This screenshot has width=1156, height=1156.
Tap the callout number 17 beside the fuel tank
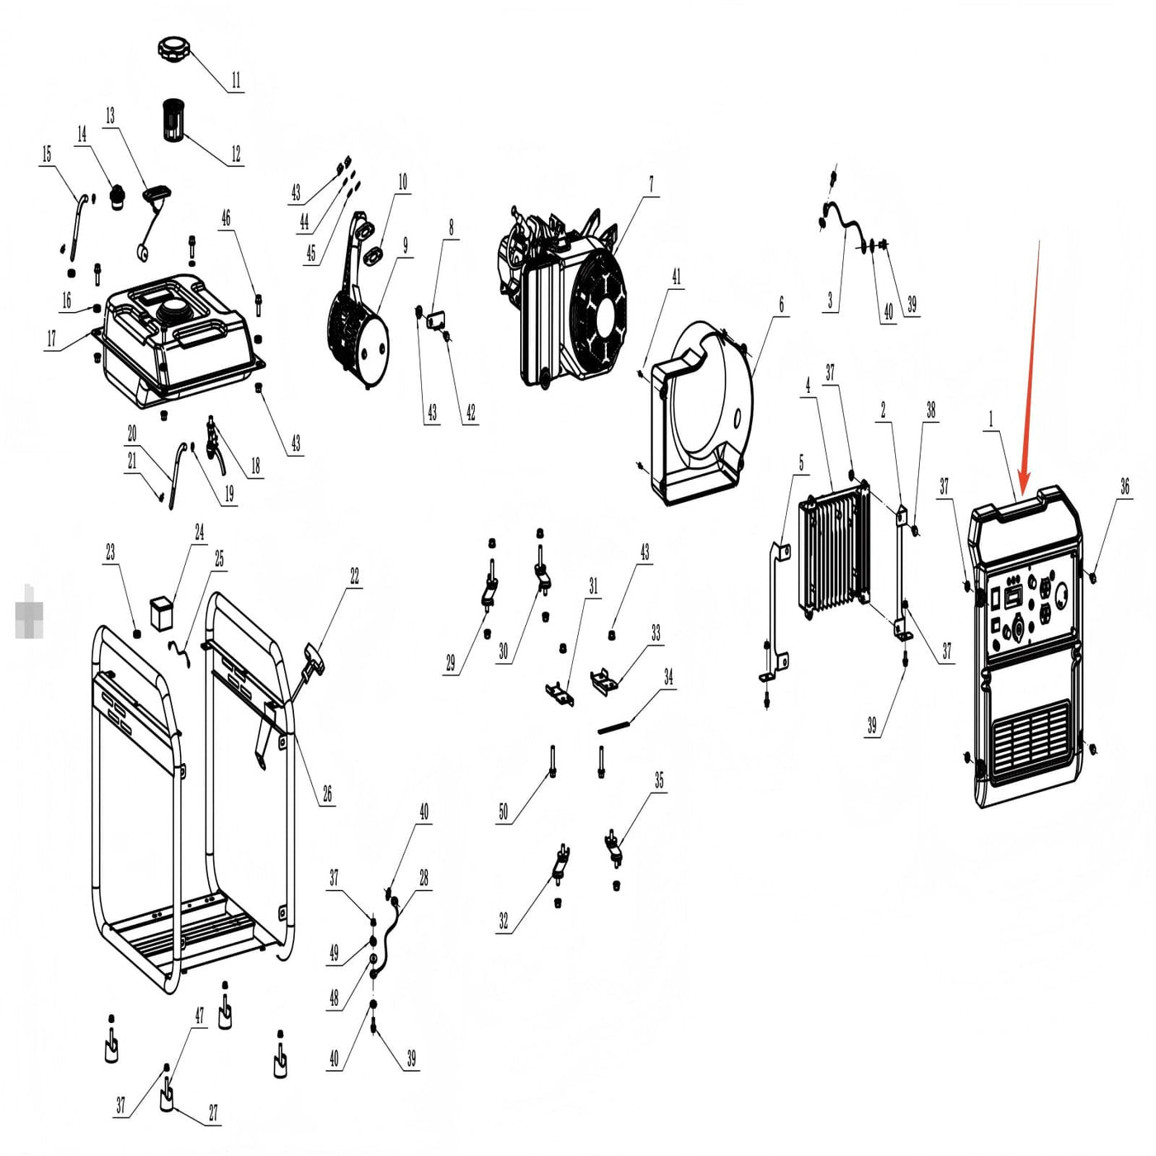tap(51, 339)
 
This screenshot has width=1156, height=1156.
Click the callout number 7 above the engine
tap(651, 183)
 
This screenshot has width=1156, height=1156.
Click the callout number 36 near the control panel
tap(1125, 487)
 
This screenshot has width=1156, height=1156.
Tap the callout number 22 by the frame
tap(354, 576)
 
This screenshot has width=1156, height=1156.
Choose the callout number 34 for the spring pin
tap(668, 678)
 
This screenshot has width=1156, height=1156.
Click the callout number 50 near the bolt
tap(503, 813)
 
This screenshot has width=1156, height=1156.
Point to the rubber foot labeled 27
tap(167, 1096)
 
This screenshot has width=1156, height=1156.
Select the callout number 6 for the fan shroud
tap(781, 305)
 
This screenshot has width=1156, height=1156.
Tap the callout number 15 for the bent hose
tap(46, 154)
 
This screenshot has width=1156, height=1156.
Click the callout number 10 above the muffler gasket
tap(402, 182)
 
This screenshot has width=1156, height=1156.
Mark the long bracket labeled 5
tap(775, 611)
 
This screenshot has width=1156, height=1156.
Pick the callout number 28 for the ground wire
tap(424, 878)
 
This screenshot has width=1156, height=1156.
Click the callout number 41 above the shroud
tap(676, 277)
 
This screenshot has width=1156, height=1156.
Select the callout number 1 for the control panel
tap(991, 419)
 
